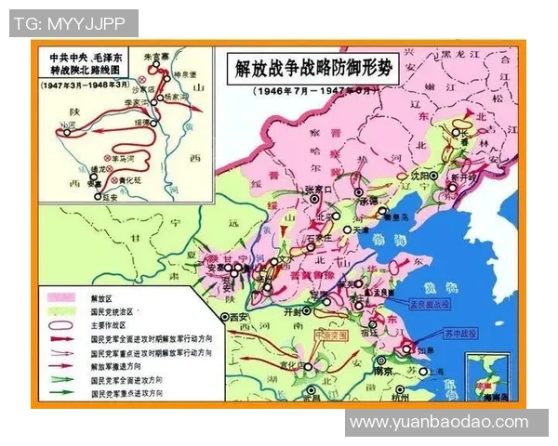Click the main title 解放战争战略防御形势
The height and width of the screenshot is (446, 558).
314,69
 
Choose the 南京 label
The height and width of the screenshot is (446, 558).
382,371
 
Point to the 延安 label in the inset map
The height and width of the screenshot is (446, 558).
110,198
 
